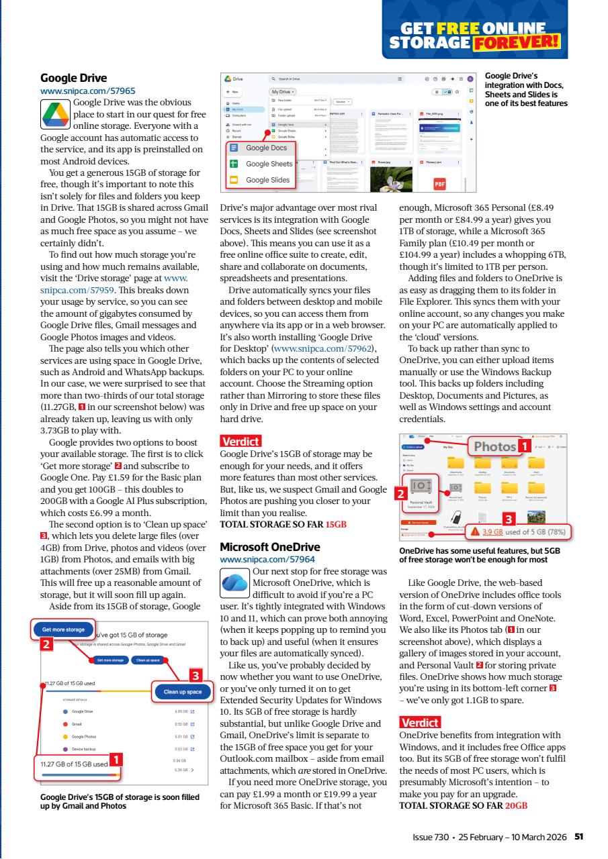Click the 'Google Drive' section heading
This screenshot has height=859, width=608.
(x=74, y=77)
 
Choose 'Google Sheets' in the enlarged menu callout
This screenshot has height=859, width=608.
(x=269, y=163)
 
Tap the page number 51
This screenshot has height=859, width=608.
(x=578, y=836)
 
